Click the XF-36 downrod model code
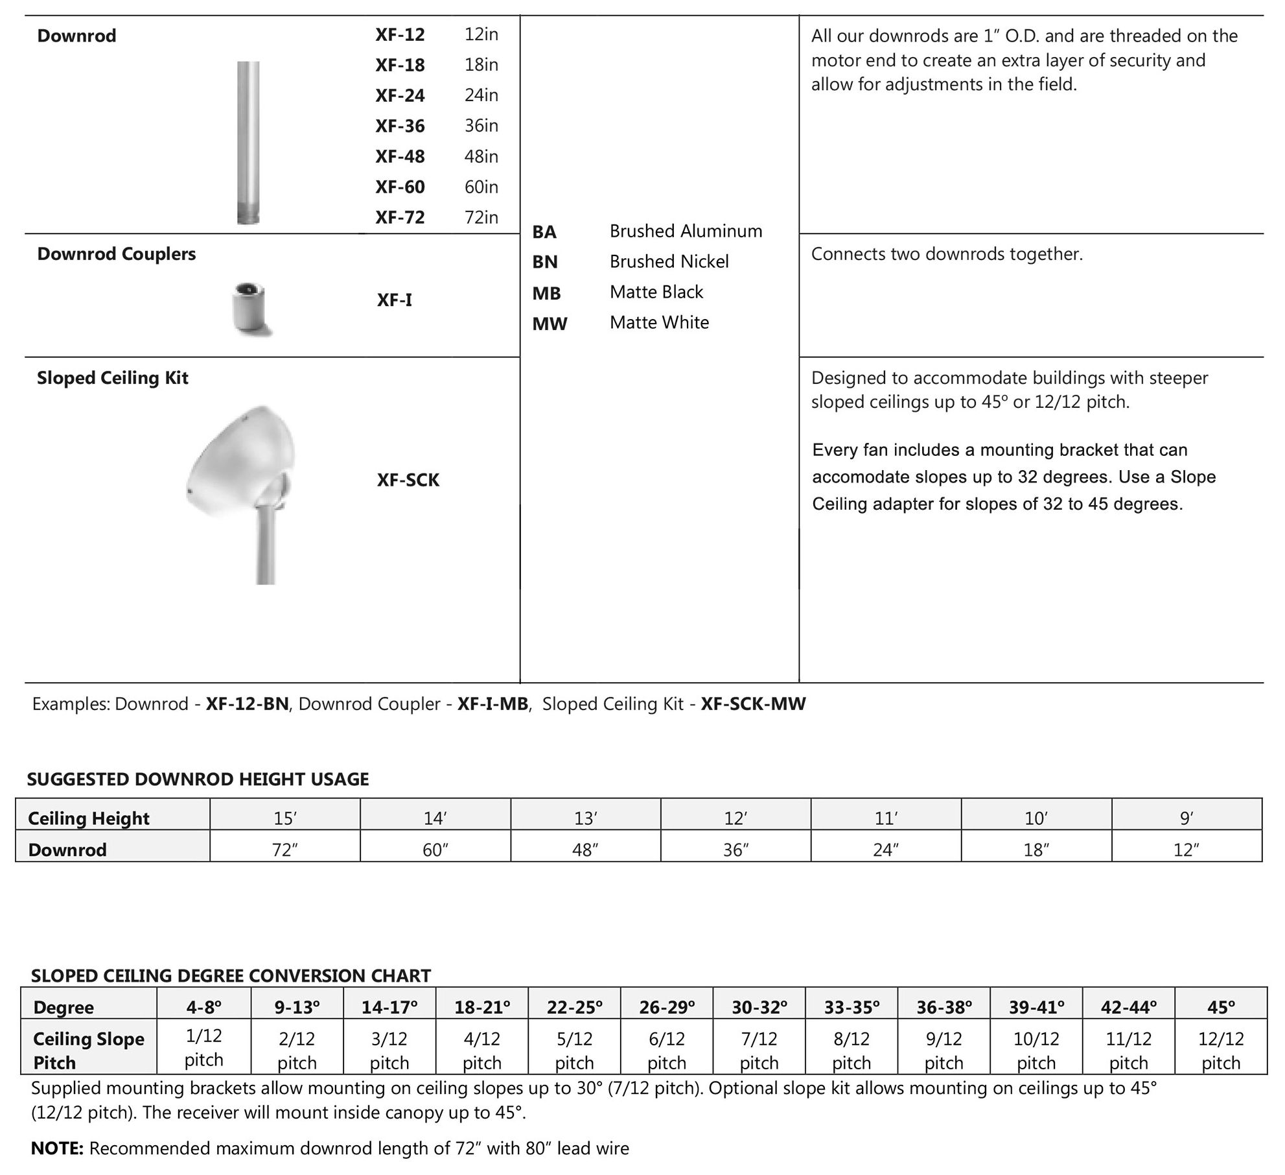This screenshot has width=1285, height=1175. pyautogui.click(x=400, y=126)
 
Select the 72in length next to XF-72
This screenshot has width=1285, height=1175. pyautogui.click(x=481, y=217)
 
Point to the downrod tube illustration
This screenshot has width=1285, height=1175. pyautogui.click(x=248, y=143)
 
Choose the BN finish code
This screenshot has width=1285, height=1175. pyautogui.click(x=544, y=262)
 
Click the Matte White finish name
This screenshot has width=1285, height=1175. pyautogui.click(x=659, y=323)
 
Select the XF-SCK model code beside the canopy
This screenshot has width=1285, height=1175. pyautogui.click(x=408, y=481)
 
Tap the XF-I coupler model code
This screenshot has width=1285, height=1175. pyautogui.click(x=394, y=300)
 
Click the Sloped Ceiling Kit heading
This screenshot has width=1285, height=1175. pyautogui.click(x=112, y=378)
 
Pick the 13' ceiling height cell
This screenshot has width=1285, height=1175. pyautogui.click(x=585, y=819)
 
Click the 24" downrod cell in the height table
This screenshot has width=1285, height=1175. pyautogui.click(x=886, y=849)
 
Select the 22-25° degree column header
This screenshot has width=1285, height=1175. pyautogui.click(x=574, y=1008)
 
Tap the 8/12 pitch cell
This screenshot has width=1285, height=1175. pyautogui.click(x=851, y=1050)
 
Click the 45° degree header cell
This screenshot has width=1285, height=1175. pyautogui.click(x=1221, y=1008)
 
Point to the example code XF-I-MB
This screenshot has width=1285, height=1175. pyautogui.click(x=492, y=704)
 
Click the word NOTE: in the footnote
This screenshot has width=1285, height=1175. pyautogui.click(x=57, y=1149)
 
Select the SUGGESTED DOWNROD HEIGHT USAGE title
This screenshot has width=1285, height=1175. pyautogui.click(x=198, y=779)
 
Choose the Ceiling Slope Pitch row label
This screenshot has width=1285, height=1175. pyautogui.click(x=88, y=1050)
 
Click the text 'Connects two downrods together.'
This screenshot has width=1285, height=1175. pyautogui.click(x=946, y=254)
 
